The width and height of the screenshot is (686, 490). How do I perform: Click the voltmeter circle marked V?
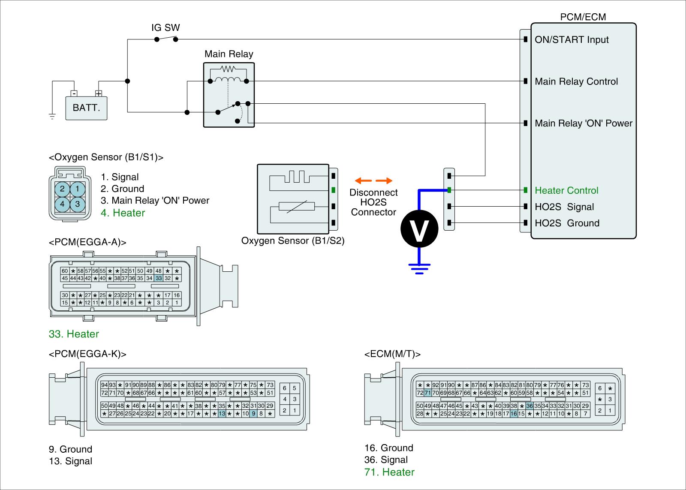coord(419,229)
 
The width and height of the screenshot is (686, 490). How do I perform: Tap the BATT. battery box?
coord(86,108)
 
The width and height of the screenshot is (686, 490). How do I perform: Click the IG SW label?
coord(165,27)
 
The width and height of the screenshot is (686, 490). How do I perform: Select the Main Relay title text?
coord(229,54)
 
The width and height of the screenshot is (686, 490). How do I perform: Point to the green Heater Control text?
coord(566,190)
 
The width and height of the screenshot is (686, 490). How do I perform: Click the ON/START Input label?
coord(572,39)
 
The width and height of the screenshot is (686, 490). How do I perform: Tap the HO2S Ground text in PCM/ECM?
coord(567,223)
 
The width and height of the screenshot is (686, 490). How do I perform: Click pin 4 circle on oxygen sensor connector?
coord(62,204)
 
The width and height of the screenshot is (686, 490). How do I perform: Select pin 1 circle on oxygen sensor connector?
coord(78,189)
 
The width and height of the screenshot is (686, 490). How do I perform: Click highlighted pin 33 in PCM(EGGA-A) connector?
coord(159,278)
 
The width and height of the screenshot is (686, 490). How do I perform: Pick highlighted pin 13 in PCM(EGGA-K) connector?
coord(222,413)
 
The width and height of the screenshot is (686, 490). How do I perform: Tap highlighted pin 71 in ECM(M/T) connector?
coord(427,393)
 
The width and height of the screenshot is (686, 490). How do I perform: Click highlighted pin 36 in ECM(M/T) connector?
coord(530,406)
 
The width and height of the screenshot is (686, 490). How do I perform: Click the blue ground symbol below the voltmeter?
coord(419,269)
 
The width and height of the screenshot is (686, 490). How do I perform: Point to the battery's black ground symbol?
coord(52,116)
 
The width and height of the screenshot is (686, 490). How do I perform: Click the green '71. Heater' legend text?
coord(389,472)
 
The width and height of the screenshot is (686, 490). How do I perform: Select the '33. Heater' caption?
coord(74,334)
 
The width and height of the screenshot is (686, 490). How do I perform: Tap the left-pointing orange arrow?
coord(363,180)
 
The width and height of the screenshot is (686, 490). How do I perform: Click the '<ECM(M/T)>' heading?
coord(392,354)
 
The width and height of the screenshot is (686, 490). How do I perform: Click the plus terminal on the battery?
coord(99,93)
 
